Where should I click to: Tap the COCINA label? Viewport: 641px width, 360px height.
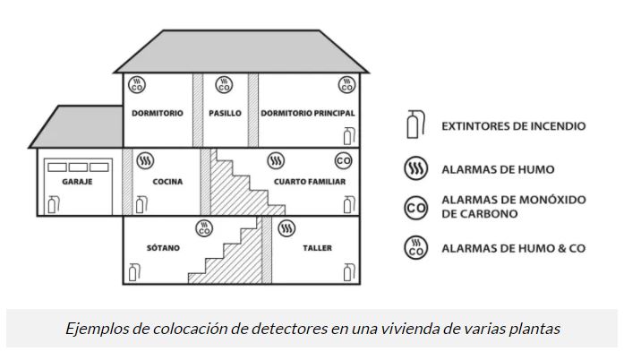pyautogui.click(x=167, y=183)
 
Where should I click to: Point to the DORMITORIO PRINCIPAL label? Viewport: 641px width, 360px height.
pyautogui.click(x=308, y=114)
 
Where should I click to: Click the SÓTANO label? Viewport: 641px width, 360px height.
pyautogui.click(x=164, y=247)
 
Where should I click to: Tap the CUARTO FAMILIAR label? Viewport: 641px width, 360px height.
pyautogui.click(x=310, y=183)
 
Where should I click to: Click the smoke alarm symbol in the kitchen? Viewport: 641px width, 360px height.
pyautogui.click(x=144, y=161)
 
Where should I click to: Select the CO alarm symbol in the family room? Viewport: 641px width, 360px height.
pyautogui.click(x=343, y=161)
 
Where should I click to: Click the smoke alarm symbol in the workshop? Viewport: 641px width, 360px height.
pyautogui.click(x=286, y=227)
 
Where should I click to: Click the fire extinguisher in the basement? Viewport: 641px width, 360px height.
pyautogui.click(x=133, y=272)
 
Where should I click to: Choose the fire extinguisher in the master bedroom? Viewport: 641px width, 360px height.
pyautogui.click(x=347, y=136)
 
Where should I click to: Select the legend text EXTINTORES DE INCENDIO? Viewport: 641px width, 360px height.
pyautogui.click(x=513, y=126)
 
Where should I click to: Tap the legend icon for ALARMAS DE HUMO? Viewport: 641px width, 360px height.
pyautogui.click(x=415, y=169)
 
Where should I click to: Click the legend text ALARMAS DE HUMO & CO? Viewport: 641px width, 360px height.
pyautogui.click(x=513, y=248)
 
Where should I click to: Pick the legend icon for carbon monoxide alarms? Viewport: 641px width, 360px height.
pyautogui.click(x=415, y=209)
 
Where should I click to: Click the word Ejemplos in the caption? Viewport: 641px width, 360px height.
pyautogui.click(x=93, y=329)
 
